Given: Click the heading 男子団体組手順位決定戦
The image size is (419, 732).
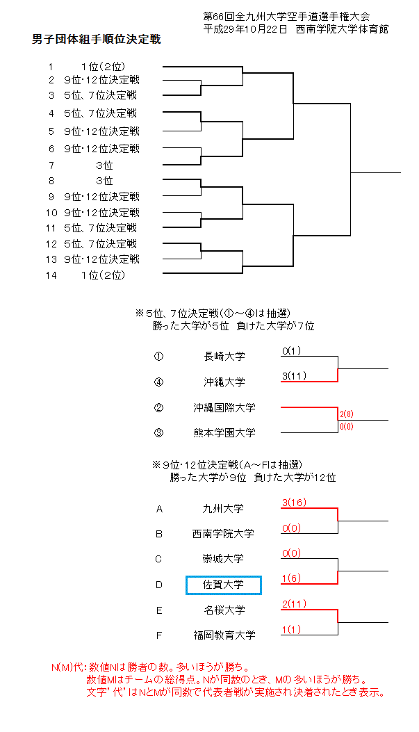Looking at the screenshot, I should click(97, 40).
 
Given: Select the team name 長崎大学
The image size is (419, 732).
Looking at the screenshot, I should click(224, 357).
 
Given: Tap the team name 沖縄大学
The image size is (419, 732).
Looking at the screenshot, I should click(224, 382).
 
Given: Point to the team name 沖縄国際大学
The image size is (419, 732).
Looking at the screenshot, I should click(224, 407).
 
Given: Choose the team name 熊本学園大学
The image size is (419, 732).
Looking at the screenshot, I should click(224, 432).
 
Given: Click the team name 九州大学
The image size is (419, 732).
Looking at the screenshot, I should click(224, 509).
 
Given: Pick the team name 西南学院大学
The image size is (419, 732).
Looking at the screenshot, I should click(224, 534).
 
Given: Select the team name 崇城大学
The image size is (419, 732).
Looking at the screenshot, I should click(224, 559).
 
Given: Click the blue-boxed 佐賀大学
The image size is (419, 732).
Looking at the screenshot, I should click(224, 585).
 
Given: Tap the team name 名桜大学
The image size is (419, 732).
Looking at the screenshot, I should click(224, 610).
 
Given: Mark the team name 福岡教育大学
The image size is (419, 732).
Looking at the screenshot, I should click(224, 635).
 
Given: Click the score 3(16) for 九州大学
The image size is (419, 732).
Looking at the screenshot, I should click(295, 503).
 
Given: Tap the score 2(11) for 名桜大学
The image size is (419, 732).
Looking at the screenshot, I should click(295, 603).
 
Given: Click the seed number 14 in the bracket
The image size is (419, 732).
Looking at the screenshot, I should click(51, 275).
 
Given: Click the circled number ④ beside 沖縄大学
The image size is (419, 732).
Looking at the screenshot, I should click(158, 382).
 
